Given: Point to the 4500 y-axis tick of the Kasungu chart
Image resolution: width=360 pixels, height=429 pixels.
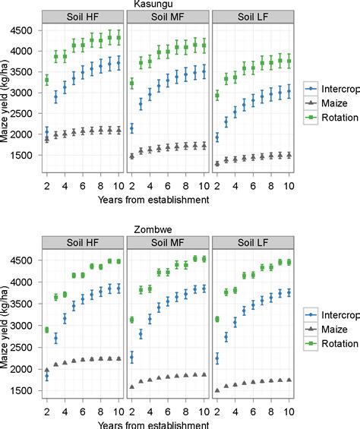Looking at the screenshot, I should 24,30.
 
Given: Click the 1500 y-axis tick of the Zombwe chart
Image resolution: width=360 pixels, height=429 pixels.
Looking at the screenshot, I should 24,390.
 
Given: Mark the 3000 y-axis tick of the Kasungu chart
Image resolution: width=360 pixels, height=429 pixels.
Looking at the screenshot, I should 24,93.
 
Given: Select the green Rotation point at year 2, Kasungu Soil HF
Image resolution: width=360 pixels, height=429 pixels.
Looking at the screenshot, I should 47,80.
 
